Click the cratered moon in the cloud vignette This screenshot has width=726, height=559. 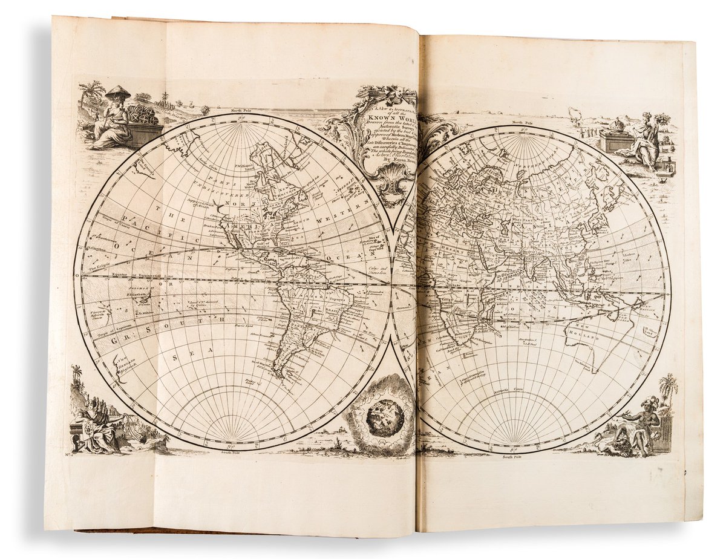(x=385, y=417)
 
